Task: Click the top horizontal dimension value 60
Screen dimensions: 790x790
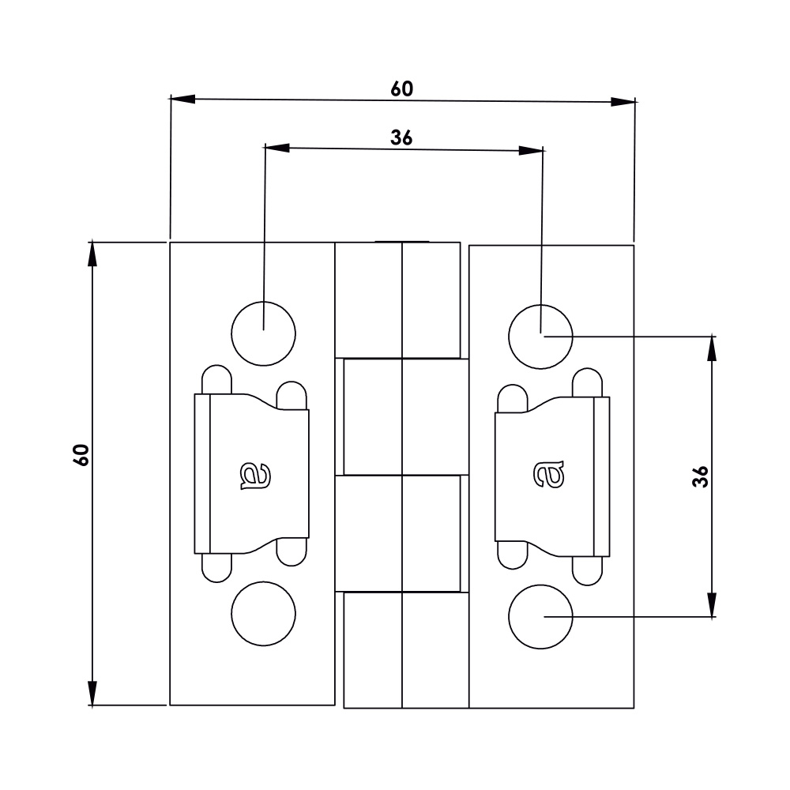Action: [402, 88]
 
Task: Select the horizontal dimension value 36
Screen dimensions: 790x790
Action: [402, 137]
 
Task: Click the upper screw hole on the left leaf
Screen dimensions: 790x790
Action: [264, 333]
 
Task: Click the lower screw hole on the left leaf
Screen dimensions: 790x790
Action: [264, 614]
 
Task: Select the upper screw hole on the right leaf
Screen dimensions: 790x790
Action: [540, 335]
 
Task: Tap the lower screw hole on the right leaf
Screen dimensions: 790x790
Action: [540, 617]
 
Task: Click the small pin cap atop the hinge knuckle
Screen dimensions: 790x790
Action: [402, 240]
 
